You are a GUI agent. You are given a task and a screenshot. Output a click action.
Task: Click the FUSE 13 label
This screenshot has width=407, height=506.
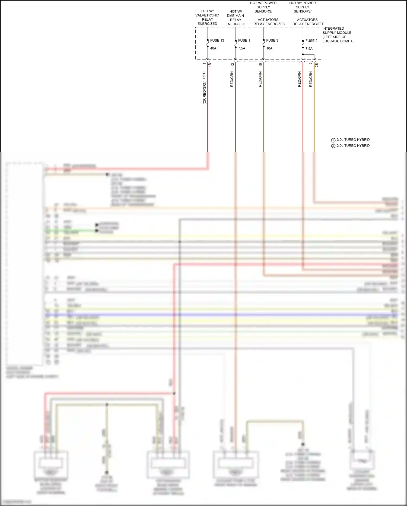(217, 41)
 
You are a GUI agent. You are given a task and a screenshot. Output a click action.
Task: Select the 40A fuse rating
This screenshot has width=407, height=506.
(213, 48)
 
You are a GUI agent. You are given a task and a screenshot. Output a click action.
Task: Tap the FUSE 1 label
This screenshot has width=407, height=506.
(244, 41)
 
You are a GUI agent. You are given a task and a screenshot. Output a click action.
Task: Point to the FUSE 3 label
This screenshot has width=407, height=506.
(272, 41)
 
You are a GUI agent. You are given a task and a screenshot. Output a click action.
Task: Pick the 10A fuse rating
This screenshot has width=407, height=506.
(269, 48)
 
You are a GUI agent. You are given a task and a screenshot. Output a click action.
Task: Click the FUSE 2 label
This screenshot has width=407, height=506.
(311, 41)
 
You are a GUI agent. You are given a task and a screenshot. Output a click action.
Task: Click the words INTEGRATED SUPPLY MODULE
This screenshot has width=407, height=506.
(336, 30)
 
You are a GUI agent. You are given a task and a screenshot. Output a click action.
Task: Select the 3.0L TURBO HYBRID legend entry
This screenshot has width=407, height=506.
(353, 140)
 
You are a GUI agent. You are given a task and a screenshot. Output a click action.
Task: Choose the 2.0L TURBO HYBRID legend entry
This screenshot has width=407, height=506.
(353, 146)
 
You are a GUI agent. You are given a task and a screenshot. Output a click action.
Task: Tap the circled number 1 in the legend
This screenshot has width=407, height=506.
(333, 140)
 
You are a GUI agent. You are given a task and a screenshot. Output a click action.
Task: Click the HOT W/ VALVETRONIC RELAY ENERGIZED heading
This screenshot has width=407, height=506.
(207, 17)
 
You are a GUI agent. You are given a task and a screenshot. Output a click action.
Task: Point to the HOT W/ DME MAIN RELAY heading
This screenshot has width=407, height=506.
(235, 18)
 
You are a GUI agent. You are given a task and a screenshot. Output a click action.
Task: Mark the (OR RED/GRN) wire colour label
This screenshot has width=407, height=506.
(205, 92)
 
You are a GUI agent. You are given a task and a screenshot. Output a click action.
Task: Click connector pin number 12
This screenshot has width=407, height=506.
(233, 65)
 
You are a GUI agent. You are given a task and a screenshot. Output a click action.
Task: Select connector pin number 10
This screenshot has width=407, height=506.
(260, 65)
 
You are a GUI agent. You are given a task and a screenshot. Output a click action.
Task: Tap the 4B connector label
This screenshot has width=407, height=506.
(210, 65)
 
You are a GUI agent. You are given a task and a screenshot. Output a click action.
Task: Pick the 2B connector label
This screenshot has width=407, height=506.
(316, 65)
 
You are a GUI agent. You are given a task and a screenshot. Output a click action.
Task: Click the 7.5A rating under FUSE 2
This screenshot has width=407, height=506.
(309, 49)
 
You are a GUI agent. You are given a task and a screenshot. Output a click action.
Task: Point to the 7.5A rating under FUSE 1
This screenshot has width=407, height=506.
(241, 48)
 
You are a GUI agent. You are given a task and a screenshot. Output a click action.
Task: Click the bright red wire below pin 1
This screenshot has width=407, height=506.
(208, 114)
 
